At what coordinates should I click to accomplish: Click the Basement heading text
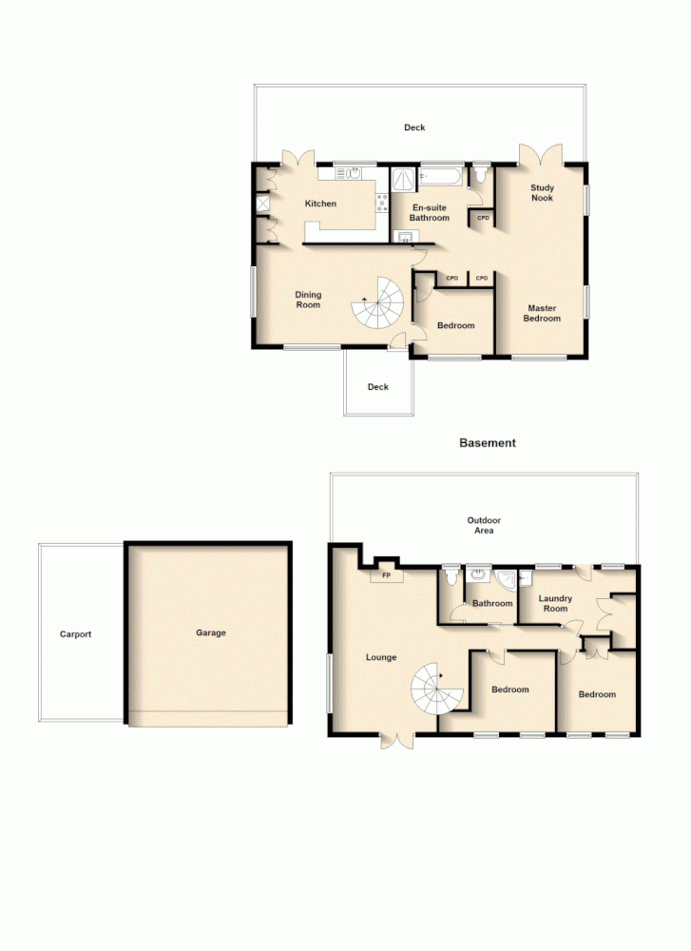pyautogui.click(x=487, y=443)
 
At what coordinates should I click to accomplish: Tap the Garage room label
pyautogui.click(x=211, y=632)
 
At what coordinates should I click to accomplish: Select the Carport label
pyautogui.click(x=75, y=634)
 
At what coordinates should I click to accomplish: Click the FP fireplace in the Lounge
pyautogui.click(x=386, y=575)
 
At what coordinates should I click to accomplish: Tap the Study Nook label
pyautogui.click(x=542, y=193)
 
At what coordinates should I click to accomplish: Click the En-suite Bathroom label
pyautogui.click(x=430, y=212)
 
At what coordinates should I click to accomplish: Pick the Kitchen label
pyautogui.click(x=320, y=204)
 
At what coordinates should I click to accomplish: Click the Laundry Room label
pyautogui.click(x=555, y=603)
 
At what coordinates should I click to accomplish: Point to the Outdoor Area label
pyautogui.click(x=484, y=525)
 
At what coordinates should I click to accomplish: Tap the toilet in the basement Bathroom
pyautogui.click(x=451, y=577)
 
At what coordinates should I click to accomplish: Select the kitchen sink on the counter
pyautogui.click(x=353, y=173)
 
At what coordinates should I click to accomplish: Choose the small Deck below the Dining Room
pyautogui.click(x=379, y=387)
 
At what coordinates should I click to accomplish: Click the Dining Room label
pyautogui.click(x=307, y=300)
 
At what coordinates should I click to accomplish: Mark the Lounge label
pyautogui.click(x=381, y=657)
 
